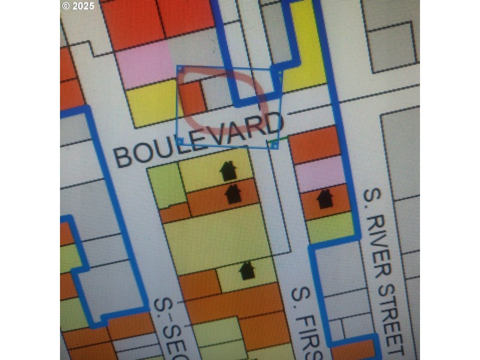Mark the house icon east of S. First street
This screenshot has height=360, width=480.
tap(325, 198)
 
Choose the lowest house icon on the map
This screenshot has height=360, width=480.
tap(247, 271)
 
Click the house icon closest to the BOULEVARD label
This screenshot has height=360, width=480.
tap(228, 170)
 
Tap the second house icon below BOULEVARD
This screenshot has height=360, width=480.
tap(233, 193)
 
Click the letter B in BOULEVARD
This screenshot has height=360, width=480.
tap(124, 157)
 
